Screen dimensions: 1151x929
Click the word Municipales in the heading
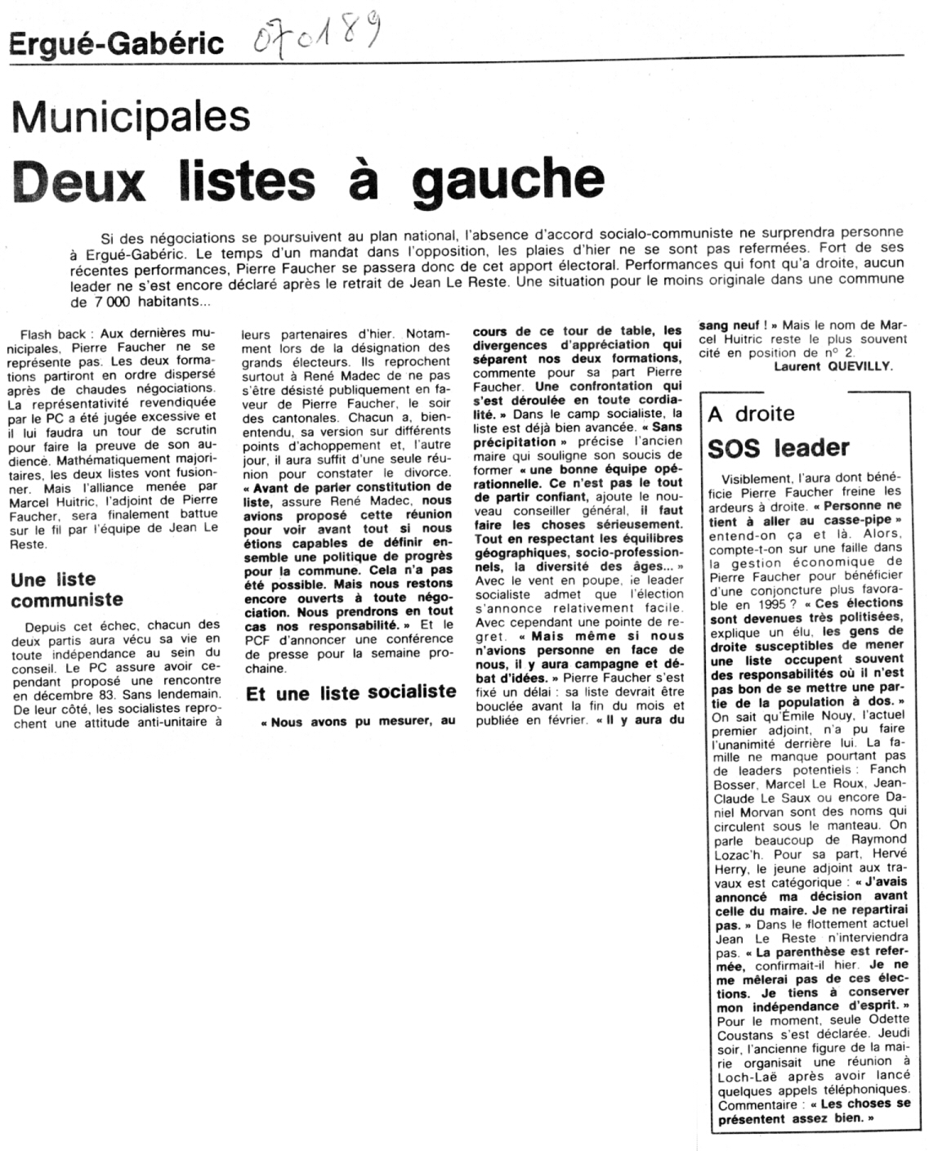pyautogui.click(x=131, y=116)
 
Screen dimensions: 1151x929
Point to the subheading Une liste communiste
pyautogui.click(x=67, y=589)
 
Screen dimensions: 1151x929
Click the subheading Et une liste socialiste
pyautogui.click(x=351, y=692)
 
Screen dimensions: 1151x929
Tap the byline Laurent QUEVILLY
pyautogui.click(x=833, y=366)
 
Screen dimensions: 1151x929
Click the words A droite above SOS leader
pyautogui.click(x=751, y=414)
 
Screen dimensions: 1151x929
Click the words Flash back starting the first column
pyautogui.click(x=50, y=334)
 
